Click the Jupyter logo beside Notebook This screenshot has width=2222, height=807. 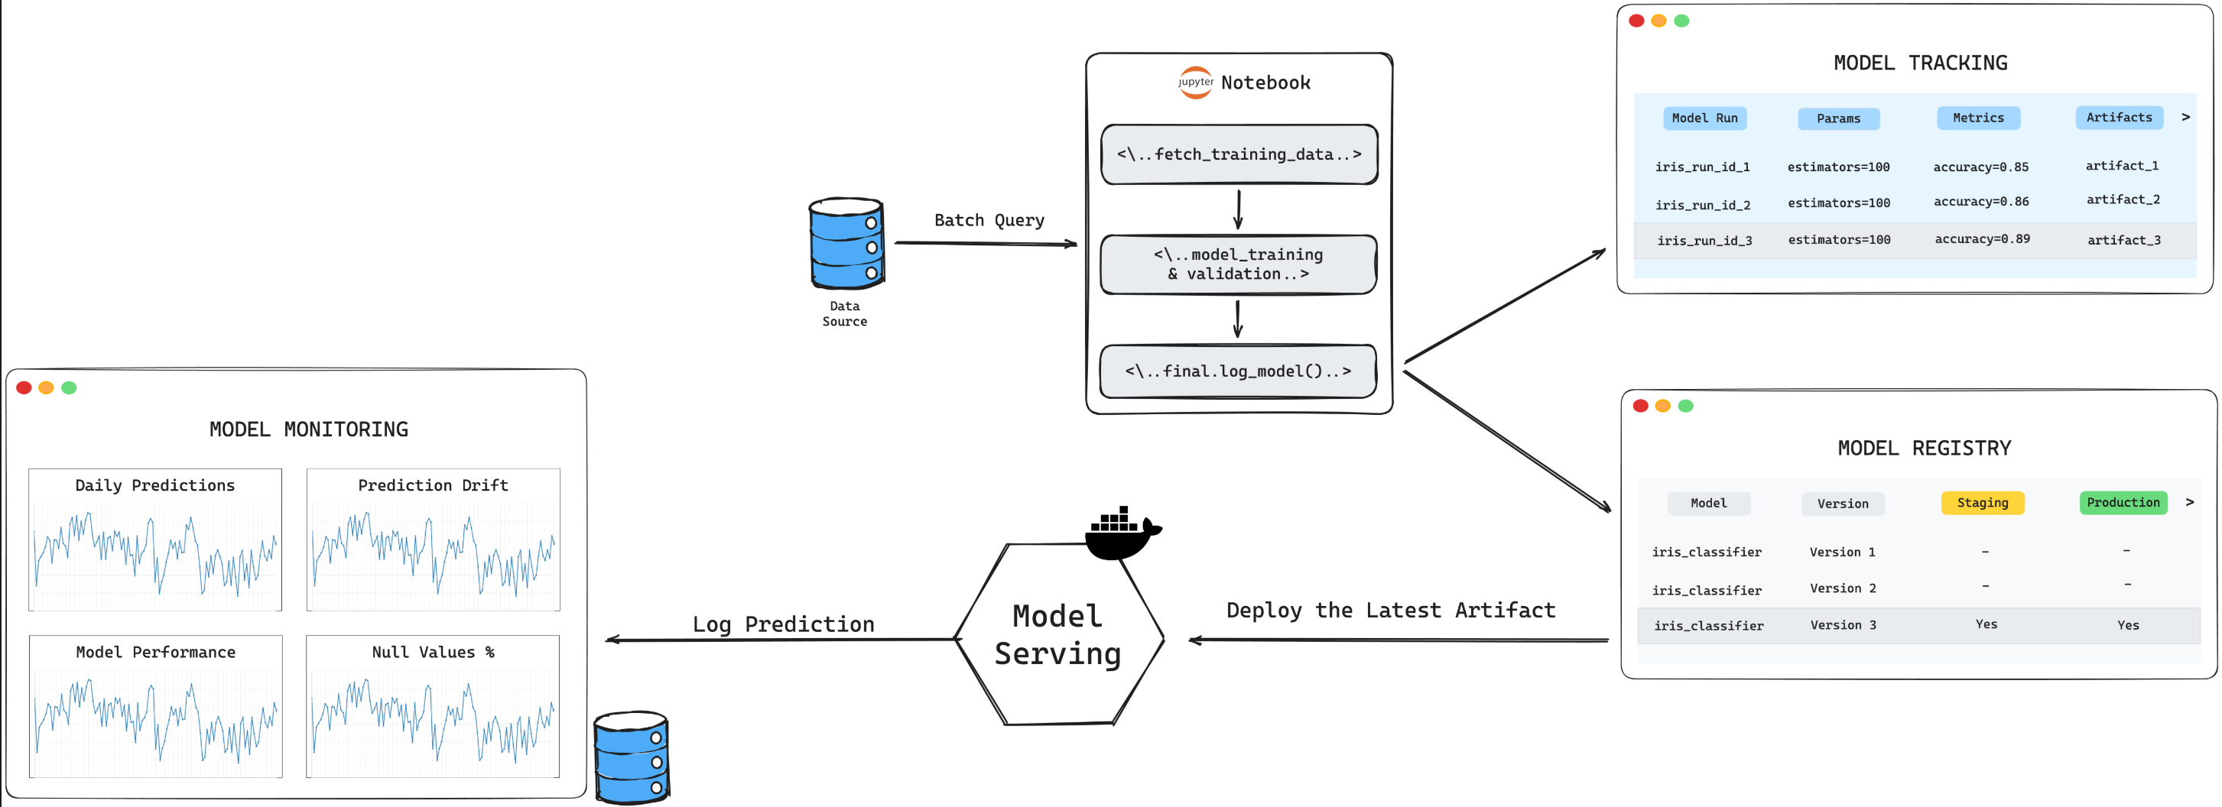pos(1196,83)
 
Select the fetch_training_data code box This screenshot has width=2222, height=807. pos(1239,154)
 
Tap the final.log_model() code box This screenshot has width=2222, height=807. pos(1238,371)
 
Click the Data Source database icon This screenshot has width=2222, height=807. pos(846,244)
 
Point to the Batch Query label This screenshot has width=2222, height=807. pos(989,221)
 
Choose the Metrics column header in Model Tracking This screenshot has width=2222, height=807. pos(1978,118)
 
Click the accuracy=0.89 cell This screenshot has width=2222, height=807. pos(1981,240)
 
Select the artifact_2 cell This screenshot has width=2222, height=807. pos(2123,200)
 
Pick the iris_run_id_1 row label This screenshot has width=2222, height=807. pos(1702,167)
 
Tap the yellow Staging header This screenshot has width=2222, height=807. pos(1982,503)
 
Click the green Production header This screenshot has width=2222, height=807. pos(2123,503)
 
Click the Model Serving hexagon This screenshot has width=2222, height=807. pos(1058,635)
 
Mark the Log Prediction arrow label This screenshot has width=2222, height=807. pos(783,624)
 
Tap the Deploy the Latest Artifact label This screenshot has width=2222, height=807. pos(1391,611)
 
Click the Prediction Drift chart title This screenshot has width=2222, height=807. pos(433,485)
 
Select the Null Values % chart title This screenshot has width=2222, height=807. pos(433,653)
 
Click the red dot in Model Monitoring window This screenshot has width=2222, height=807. pos(24,388)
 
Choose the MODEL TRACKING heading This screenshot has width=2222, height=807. pos(1920,63)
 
